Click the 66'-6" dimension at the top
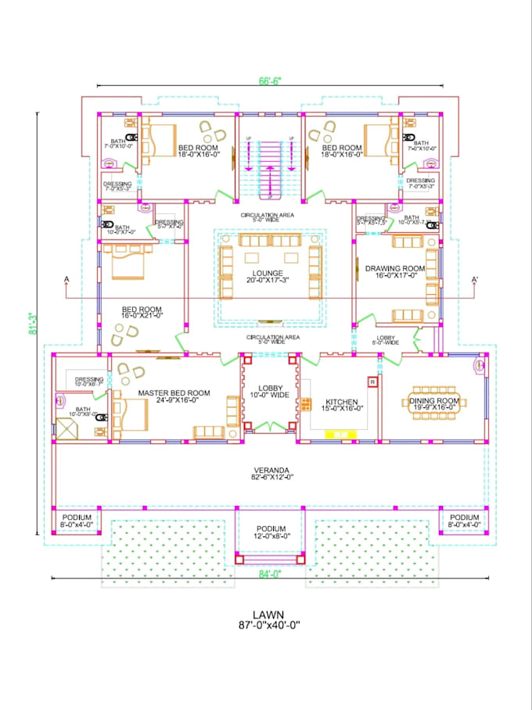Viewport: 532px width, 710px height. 268,79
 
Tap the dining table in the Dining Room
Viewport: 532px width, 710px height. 437,403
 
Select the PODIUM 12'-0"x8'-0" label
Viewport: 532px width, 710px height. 270,532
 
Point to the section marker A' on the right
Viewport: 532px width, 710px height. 474,280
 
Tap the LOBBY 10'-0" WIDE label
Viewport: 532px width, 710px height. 270,390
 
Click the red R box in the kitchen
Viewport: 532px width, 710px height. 372,382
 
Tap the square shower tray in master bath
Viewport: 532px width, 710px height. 66,427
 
